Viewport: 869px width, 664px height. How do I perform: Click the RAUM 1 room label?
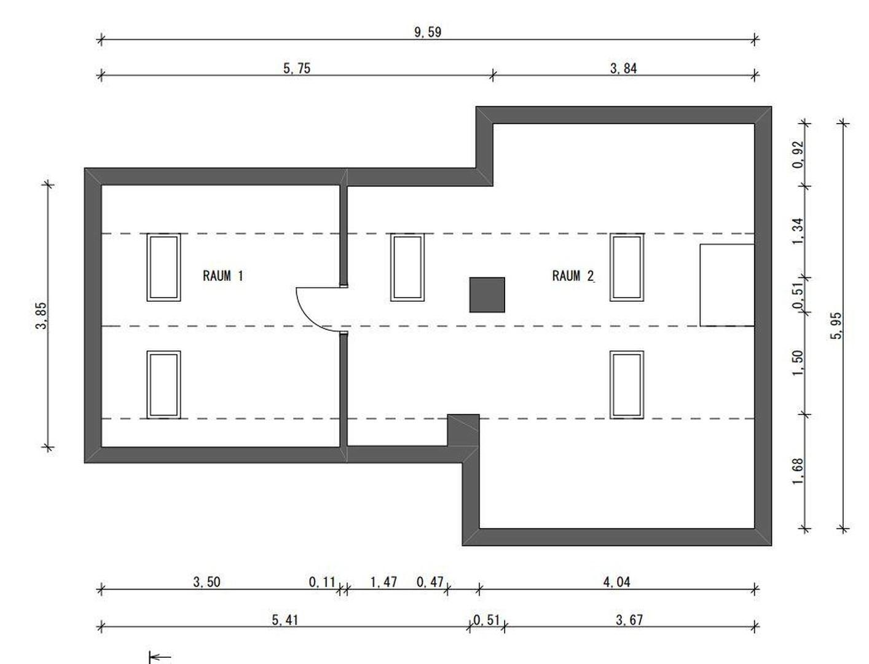click(x=222, y=275)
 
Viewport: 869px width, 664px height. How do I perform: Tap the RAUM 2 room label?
click(x=573, y=276)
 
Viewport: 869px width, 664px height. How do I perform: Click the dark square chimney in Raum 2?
click(x=487, y=294)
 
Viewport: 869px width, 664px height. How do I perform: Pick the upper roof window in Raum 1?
click(x=163, y=267)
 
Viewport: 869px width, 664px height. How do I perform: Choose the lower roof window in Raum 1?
click(x=163, y=384)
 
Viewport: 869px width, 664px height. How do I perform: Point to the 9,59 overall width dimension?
click(x=427, y=33)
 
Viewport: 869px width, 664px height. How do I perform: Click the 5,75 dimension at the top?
click(x=297, y=68)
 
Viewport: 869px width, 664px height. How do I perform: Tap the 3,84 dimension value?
click(x=623, y=68)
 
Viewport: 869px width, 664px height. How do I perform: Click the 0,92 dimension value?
click(x=798, y=154)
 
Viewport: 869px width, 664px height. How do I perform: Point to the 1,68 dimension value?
click(x=798, y=471)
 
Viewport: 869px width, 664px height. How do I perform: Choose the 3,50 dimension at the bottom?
click(x=206, y=582)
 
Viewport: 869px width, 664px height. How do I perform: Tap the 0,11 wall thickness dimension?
click(x=322, y=582)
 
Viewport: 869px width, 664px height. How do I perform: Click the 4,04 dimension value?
click(x=616, y=582)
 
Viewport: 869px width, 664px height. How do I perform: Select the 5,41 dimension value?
click(x=285, y=620)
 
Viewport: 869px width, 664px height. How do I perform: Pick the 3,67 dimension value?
click(x=629, y=620)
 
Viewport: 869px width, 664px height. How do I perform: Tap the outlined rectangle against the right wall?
click(x=727, y=285)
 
